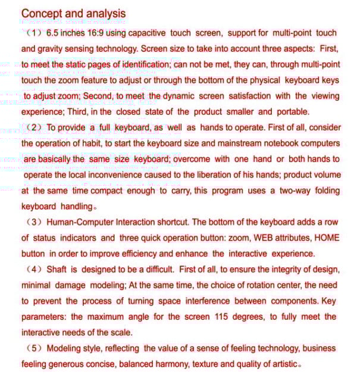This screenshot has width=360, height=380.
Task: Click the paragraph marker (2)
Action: point(34,127)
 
